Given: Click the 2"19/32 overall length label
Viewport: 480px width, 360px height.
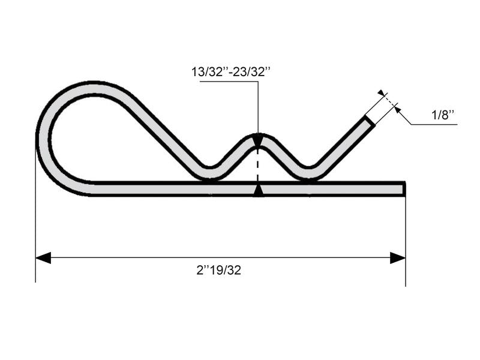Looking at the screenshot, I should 218,270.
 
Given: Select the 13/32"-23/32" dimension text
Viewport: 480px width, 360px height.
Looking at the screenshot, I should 231,72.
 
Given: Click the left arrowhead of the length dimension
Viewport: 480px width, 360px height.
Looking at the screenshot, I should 43,258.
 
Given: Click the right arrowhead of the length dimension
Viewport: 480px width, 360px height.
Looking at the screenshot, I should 398,258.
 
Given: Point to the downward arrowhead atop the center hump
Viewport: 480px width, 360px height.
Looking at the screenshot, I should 258,142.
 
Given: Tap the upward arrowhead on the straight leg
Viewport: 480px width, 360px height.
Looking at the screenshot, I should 258,190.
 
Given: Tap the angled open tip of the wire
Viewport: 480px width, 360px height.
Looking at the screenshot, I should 368,119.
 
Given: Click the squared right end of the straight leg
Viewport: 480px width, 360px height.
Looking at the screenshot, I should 404,189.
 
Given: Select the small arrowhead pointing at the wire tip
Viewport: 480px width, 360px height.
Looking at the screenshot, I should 396,109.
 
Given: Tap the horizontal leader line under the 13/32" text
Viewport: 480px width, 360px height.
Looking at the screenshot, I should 228,82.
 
